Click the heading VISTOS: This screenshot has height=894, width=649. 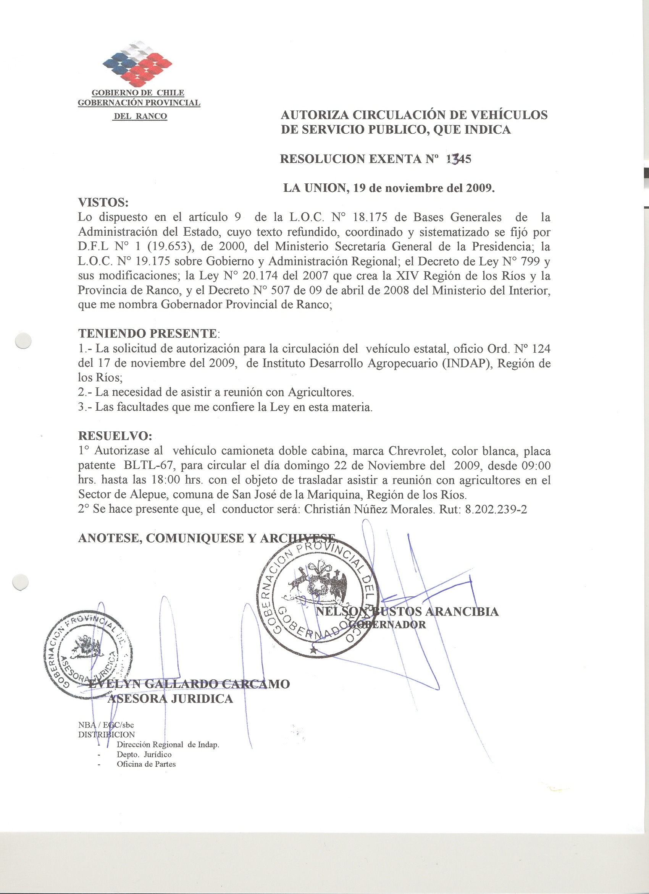(x=103, y=202)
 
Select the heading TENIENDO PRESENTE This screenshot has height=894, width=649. (x=148, y=334)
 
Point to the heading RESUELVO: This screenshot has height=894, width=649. (x=115, y=436)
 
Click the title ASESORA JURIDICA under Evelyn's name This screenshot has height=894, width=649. (x=170, y=699)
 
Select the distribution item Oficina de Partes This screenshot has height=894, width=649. (x=146, y=764)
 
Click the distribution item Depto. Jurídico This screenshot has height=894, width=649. (x=144, y=754)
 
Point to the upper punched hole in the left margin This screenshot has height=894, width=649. (x=23, y=340)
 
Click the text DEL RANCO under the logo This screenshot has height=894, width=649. (x=140, y=116)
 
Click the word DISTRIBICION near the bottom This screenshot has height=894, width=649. (x=107, y=734)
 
